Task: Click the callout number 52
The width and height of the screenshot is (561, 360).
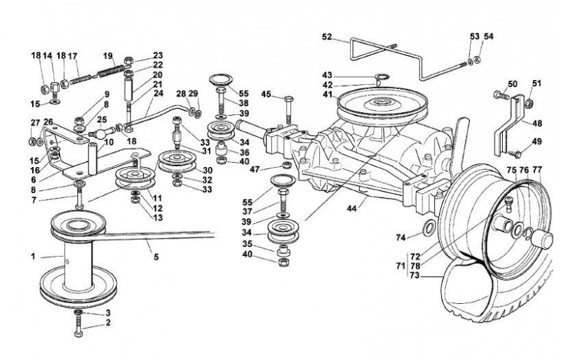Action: pyautogui.click(x=327, y=36)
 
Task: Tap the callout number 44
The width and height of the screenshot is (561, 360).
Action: pyautogui.click(x=352, y=208)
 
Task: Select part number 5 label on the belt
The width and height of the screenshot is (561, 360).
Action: pyautogui.click(x=156, y=257)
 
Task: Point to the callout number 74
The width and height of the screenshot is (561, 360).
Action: pyautogui.click(x=401, y=237)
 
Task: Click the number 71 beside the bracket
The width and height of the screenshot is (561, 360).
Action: pyautogui.click(x=401, y=266)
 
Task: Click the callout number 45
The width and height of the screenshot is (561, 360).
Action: pyautogui.click(x=266, y=94)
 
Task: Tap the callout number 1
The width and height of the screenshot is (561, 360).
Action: pyautogui.click(x=33, y=256)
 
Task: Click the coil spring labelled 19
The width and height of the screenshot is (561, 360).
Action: pyautogui.click(x=111, y=70)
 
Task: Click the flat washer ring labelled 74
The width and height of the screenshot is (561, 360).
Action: pyautogui.click(x=428, y=229)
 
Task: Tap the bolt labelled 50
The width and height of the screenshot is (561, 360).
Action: pyautogui.click(x=501, y=95)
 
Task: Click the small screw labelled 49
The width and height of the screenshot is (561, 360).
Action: pyautogui.click(x=515, y=153)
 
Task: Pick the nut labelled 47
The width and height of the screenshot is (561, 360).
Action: pyautogui.click(x=287, y=165)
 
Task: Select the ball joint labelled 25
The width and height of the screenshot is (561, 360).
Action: pyautogui.click(x=99, y=134)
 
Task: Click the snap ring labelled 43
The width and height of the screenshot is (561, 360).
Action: pyautogui.click(x=381, y=76)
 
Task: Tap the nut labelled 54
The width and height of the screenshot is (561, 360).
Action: pyautogui.click(x=477, y=60)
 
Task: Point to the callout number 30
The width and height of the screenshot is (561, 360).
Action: pyautogui.click(x=208, y=171)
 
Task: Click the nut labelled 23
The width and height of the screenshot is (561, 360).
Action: pyautogui.click(x=129, y=60)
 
